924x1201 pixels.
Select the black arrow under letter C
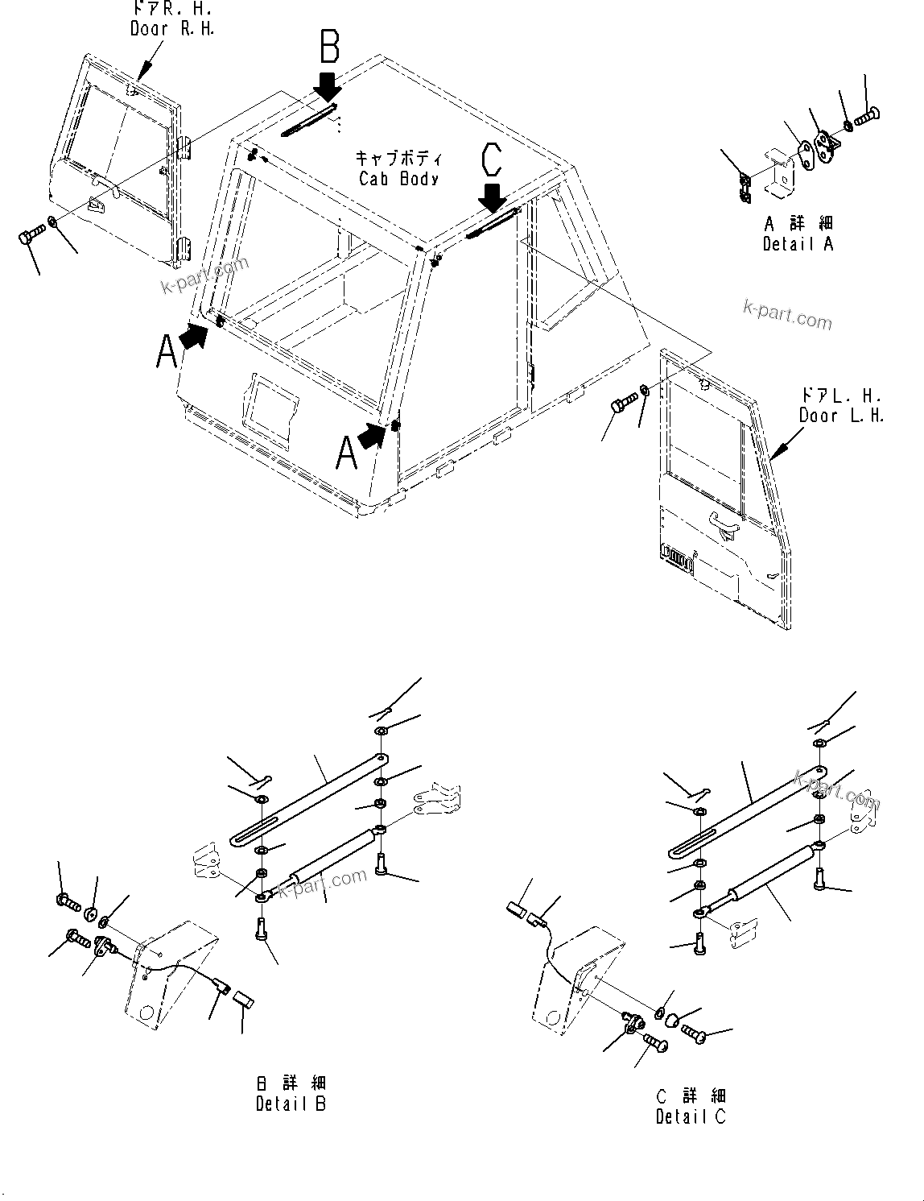tap(491, 196)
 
